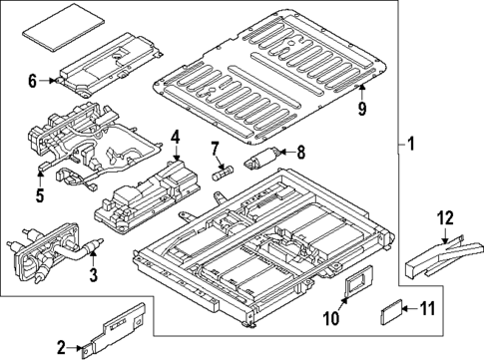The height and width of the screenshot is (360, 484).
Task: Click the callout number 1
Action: (x=410, y=146)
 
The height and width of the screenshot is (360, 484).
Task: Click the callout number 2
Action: (x=62, y=347)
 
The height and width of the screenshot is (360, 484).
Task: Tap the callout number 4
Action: (x=174, y=138)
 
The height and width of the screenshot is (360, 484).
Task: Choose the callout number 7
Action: (x=213, y=149)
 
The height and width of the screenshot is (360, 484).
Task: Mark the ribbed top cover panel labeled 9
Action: (x=269, y=80)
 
